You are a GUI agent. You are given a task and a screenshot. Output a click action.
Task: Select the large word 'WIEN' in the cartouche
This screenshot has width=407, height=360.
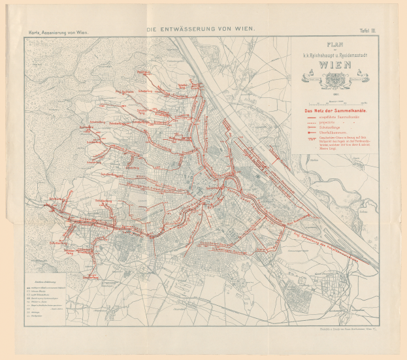334,66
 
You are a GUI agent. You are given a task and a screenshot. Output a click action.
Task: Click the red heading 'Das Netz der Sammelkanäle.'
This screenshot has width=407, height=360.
333,110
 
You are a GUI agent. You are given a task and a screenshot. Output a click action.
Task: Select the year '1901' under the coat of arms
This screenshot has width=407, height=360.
334,93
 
